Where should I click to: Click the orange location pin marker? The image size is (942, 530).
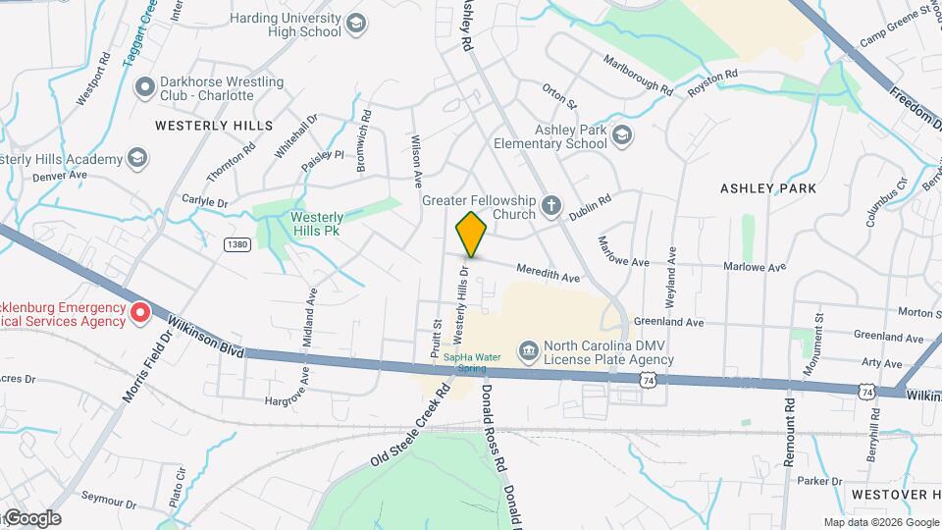click(472, 234)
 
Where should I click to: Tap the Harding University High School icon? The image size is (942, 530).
click(356, 24)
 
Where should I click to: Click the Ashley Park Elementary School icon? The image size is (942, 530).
click(621, 135)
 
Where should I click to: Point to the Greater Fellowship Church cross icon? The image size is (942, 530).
click(551, 206)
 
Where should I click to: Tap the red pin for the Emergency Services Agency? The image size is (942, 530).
click(140, 313)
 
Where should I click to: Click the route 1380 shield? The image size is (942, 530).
click(236, 243)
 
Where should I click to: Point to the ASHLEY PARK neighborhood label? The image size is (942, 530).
click(768, 187)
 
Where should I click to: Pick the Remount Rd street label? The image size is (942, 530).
click(789, 431)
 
